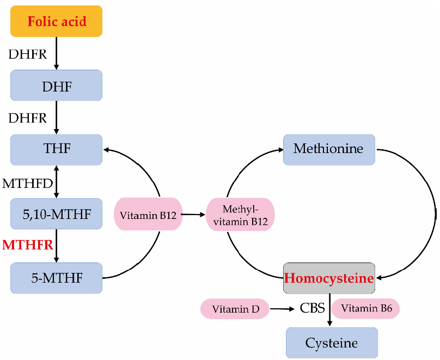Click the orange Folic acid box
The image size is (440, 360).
click(57, 21)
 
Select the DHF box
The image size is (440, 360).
click(57, 86)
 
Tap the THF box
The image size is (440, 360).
click(57, 149)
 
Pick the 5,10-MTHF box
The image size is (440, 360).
click(57, 213)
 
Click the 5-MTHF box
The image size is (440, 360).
click(57, 278)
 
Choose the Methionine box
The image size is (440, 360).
click(329, 149)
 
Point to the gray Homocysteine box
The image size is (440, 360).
click(329, 278)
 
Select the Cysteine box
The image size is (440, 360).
click(332, 343)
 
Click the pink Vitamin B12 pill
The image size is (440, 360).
click(147, 214)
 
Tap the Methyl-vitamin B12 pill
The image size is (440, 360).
click(240, 214)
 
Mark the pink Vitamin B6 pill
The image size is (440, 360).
click(365, 309)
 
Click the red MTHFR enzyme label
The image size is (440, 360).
click(28, 245)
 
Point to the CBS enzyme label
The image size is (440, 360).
click(313, 309)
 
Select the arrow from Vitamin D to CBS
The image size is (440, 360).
click(282, 309)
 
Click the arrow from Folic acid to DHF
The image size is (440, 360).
click(57, 53)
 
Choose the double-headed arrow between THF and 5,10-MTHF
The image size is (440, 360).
click(57, 181)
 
